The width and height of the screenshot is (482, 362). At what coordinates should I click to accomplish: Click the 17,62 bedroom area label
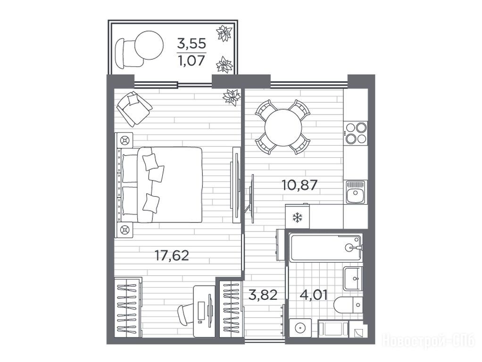(x=172, y=255)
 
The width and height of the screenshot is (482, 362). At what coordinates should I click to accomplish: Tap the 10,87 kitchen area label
(x=299, y=185)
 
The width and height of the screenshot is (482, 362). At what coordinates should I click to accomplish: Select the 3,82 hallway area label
(x=263, y=295)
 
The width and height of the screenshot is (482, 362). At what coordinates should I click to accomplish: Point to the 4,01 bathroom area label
(x=313, y=295)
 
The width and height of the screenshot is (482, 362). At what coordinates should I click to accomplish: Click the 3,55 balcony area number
(x=191, y=44)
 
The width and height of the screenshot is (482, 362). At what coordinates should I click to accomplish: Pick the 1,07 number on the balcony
(x=191, y=60)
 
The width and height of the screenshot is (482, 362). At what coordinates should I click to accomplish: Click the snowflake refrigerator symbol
(x=297, y=218)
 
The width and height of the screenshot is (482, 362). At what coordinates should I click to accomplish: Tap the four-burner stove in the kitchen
(x=356, y=133)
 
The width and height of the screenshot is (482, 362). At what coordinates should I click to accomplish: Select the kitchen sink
(x=355, y=192)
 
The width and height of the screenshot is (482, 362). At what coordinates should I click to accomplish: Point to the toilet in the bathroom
(x=348, y=305)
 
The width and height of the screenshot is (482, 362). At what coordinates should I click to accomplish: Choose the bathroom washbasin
(x=353, y=279)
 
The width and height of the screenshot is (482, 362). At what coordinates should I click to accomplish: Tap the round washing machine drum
(x=300, y=328)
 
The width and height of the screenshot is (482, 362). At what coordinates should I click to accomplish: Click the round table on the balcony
(x=149, y=45)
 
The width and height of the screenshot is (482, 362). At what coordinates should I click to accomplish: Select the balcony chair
(x=127, y=53)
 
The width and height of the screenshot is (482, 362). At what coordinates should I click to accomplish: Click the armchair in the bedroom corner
(x=134, y=108)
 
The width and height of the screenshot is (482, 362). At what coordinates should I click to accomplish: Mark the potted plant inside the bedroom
(x=232, y=98)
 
